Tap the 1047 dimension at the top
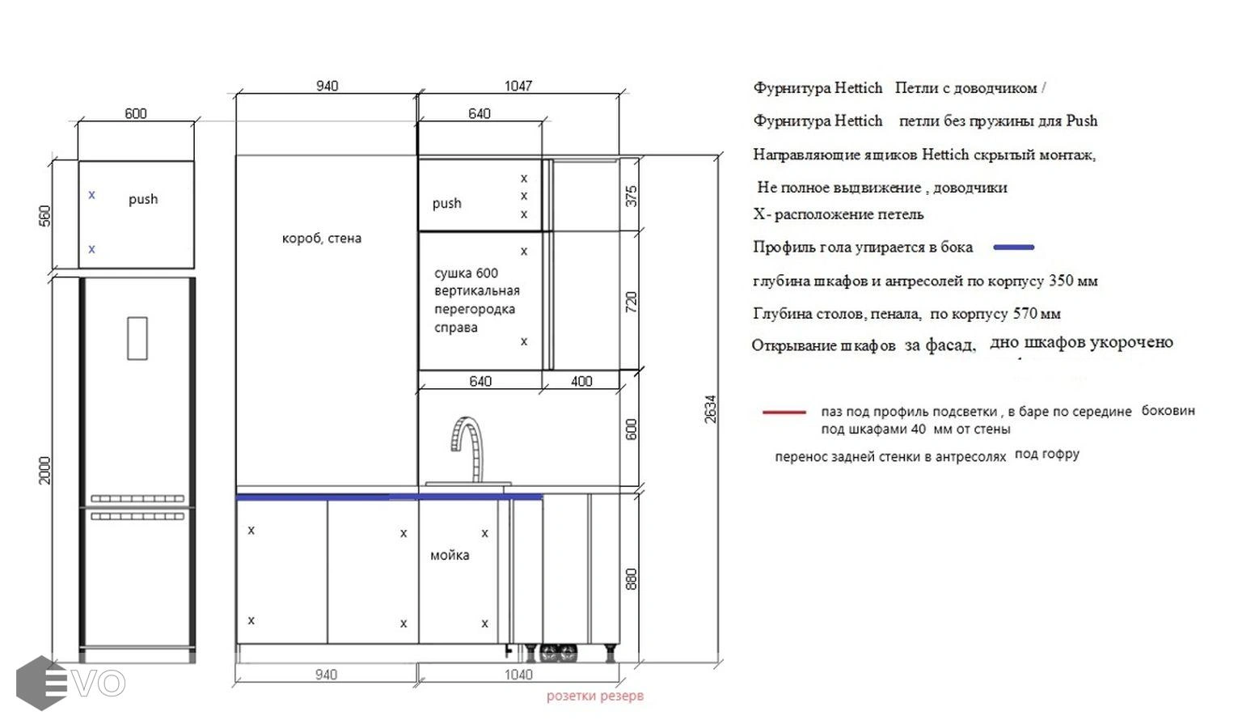(518, 87)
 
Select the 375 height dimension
(632, 197)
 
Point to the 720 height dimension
(632, 302)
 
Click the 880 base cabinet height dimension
(632, 578)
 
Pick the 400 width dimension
(581, 382)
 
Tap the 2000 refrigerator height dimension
(44, 471)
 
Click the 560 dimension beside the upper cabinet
(44, 216)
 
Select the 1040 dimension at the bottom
(518, 675)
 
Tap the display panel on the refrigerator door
(137, 338)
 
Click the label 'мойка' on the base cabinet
(450, 555)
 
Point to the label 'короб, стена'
(322, 239)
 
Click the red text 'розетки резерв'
(595, 696)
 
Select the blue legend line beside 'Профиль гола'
(1014, 247)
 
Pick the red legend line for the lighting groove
(784, 412)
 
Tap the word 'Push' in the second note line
(1082, 121)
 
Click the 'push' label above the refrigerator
(143, 200)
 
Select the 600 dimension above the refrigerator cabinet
(135, 114)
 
